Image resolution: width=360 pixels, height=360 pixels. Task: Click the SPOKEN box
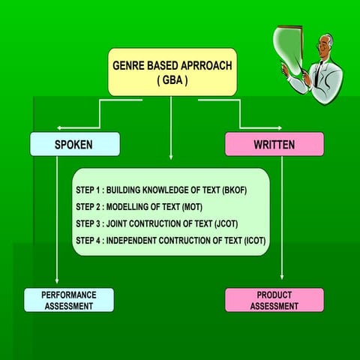tap(74, 144)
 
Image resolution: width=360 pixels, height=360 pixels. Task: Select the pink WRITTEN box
tap(274, 144)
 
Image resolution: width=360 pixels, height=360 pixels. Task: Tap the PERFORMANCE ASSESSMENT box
tap(68, 300)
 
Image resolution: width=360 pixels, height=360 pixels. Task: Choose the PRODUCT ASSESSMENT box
tap(274, 300)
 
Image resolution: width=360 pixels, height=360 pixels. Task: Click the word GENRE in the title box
tap(128, 65)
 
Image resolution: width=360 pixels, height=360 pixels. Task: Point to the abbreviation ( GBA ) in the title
tap(172, 79)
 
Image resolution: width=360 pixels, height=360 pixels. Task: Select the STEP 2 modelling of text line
tap(139, 207)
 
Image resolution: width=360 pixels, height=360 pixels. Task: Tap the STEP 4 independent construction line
tap(170, 241)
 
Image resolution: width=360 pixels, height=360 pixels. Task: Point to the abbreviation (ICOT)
tap(253, 241)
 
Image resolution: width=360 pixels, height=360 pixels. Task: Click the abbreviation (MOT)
tap(192, 207)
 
